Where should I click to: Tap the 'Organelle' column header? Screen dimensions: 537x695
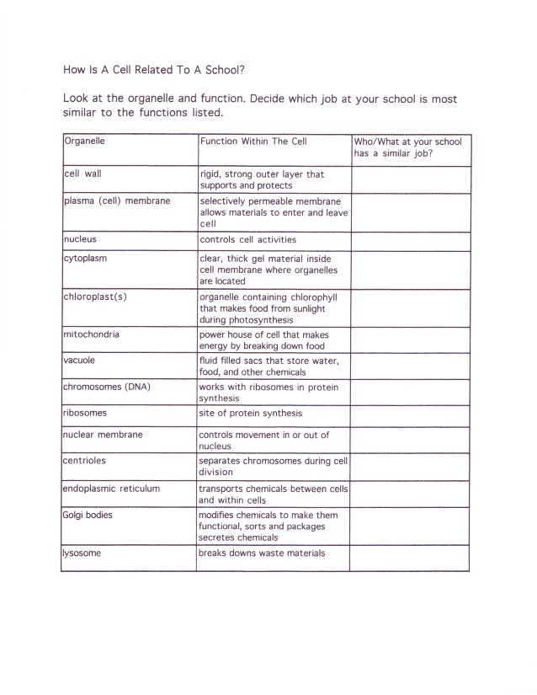tap(85, 141)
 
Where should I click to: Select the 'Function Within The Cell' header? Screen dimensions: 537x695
tap(253, 141)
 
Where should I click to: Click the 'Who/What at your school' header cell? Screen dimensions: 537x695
tap(408, 147)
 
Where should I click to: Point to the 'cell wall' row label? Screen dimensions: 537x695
tap(83, 174)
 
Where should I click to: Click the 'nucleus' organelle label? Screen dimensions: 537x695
tap(81, 239)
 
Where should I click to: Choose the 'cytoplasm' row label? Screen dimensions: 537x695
tap(86, 259)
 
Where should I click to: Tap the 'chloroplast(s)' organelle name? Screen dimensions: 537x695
tap(95, 297)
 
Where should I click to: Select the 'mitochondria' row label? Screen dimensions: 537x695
tap(92, 334)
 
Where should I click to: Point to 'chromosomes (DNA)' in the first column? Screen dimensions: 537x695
tap(107, 387)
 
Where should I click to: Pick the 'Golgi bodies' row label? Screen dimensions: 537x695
tap(88, 514)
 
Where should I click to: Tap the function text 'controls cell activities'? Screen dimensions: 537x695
tap(248, 239)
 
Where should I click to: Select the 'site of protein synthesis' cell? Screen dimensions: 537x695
tap(250, 414)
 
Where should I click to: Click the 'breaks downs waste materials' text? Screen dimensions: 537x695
tap(262, 553)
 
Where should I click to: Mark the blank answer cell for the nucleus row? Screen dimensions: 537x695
tap(410, 241)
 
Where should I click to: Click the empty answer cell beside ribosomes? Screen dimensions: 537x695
tap(410, 416)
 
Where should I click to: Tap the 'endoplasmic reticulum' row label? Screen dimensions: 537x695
tap(112, 488)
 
